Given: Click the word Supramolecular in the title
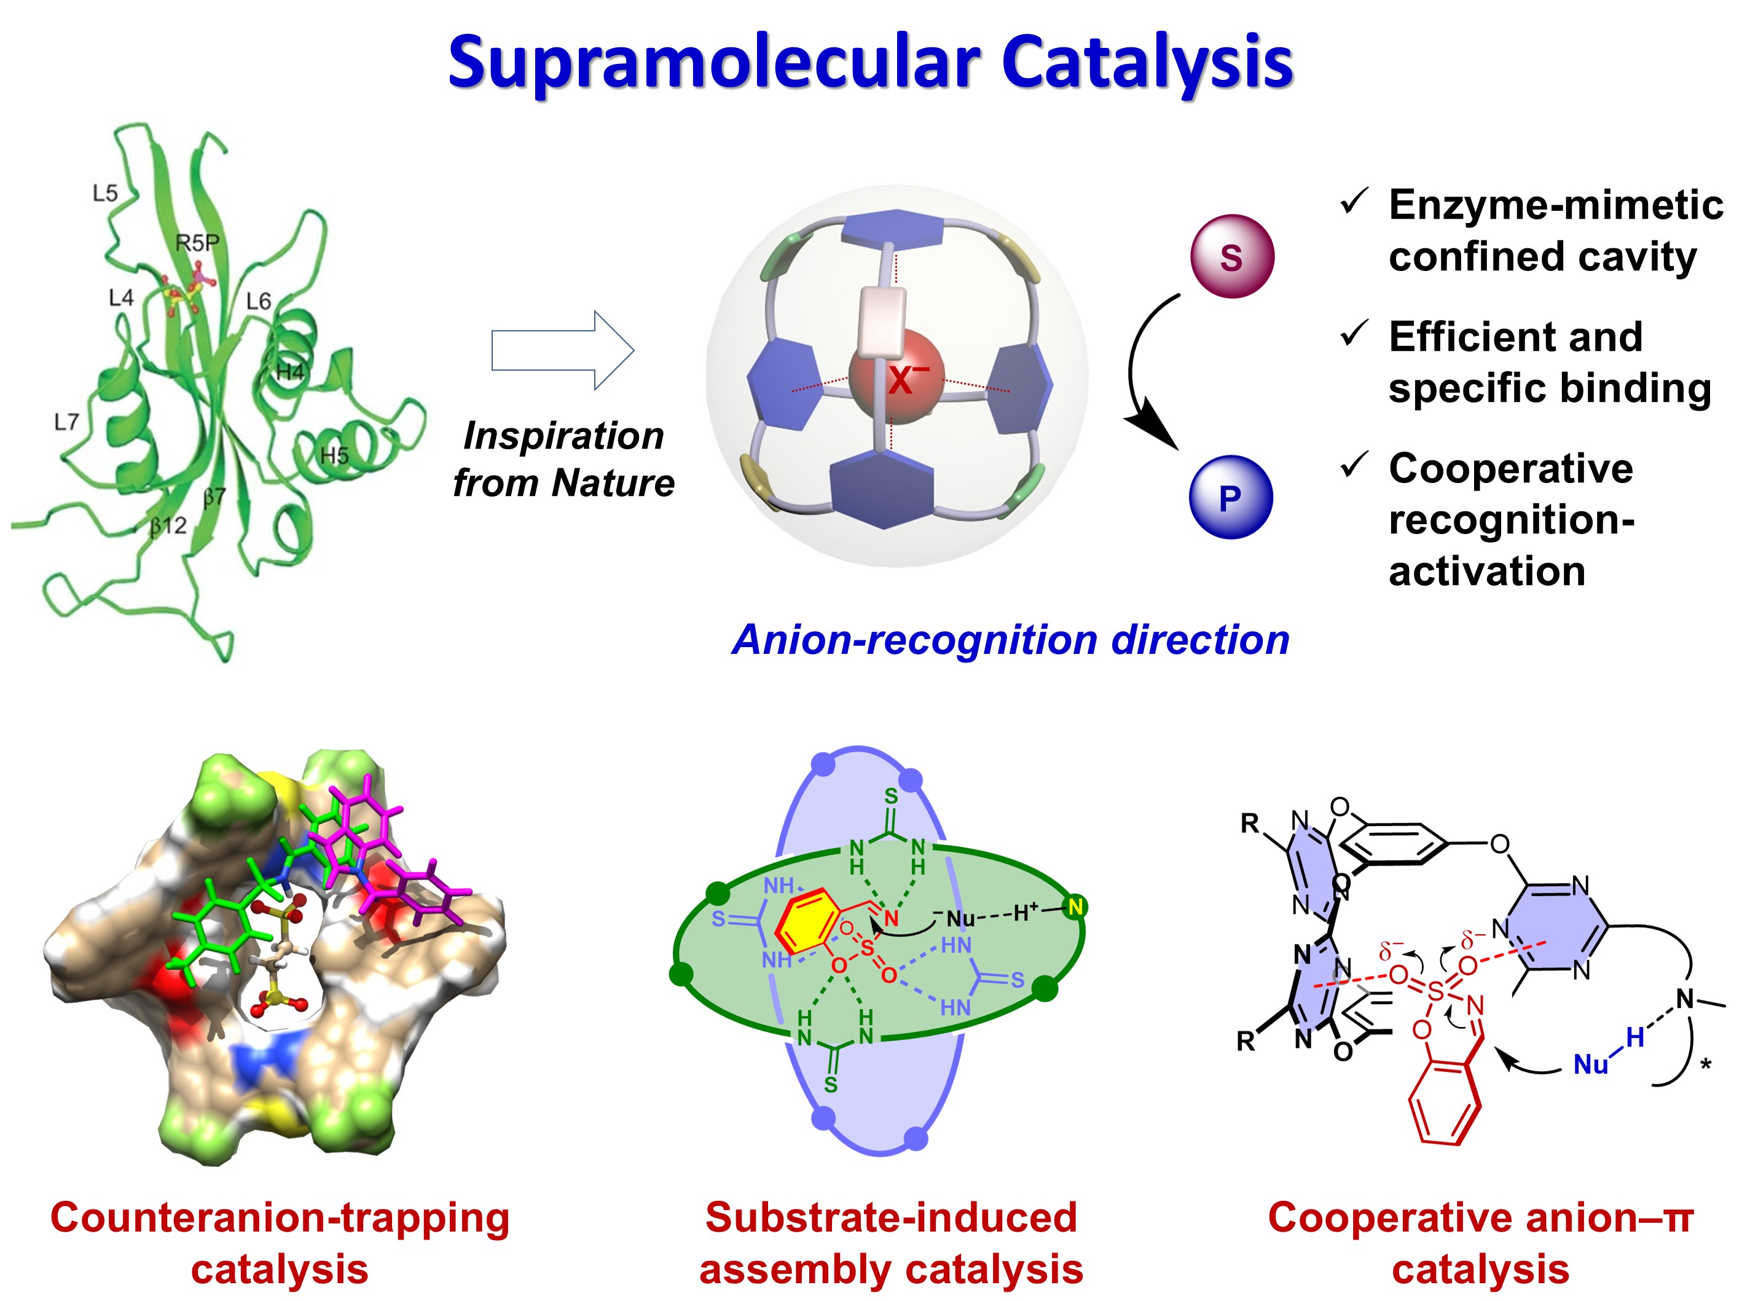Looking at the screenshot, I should click(713, 63).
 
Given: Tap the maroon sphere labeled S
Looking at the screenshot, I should click(1231, 257).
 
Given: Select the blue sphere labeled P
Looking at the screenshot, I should click(1230, 497).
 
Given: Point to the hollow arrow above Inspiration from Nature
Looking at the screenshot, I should click(562, 350).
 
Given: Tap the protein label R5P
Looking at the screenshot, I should click(197, 243).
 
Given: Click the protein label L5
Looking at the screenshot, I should click(104, 193).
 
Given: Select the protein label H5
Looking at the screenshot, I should click(334, 455).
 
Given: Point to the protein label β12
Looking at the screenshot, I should click(168, 525).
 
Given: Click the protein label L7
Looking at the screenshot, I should click(66, 422).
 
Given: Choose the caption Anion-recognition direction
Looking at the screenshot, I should click(1010, 640).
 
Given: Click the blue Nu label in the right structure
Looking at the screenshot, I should click(1590, 1066).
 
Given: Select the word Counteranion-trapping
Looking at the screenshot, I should click(280, 1217).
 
